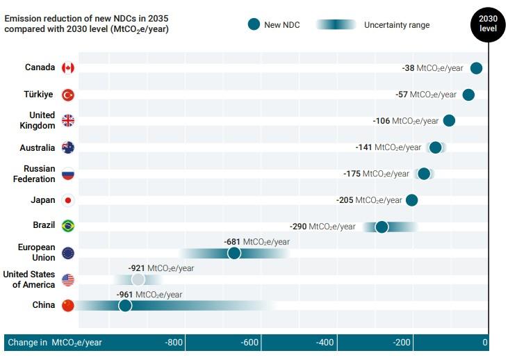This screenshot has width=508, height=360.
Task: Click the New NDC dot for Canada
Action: (x=476, y=67)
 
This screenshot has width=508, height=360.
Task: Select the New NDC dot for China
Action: (x=125, y=305)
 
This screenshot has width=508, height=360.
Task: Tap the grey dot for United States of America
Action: (x=138, y=279)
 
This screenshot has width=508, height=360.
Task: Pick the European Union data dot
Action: (x=234, y=253)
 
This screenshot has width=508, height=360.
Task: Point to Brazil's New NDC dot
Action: (x=382, y=227)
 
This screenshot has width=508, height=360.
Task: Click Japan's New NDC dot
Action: (x=411, y=200)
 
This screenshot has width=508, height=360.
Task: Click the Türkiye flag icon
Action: (x=68, y=95)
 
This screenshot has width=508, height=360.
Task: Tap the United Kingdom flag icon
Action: (x=68, y=120)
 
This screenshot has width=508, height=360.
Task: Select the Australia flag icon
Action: (x=68, y=147)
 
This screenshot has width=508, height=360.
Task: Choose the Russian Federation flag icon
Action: (x=68, y=174)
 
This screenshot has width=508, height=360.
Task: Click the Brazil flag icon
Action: (x=68, y=226)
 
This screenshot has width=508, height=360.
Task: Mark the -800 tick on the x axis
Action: (x=174, y=343)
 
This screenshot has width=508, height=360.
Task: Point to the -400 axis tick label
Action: (x=325, y=343)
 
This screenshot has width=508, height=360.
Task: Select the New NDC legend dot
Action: (x=254, y=24)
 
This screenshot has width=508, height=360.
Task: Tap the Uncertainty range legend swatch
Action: (x=336, y=25)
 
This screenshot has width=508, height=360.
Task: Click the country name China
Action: (x=44, y=305)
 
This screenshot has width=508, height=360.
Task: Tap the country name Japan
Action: (x=43, y=200)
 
